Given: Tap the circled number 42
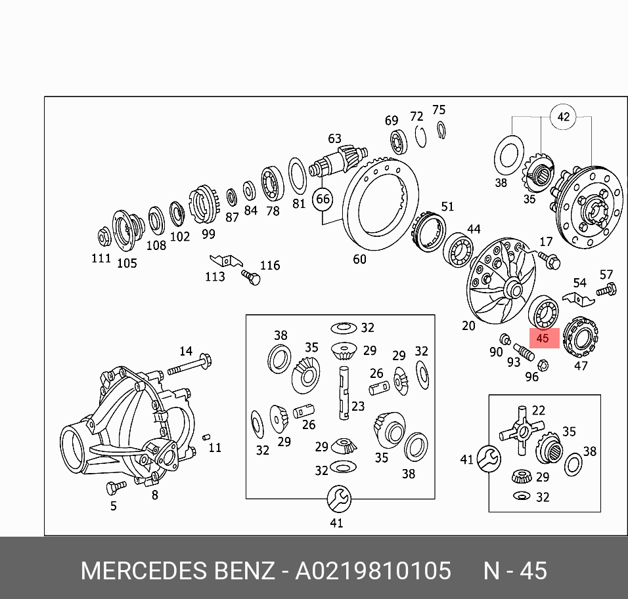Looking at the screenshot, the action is [x=563, y=117].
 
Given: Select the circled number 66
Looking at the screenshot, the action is [x=323, y=199].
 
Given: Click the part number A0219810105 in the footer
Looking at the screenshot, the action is [x=373, y=570].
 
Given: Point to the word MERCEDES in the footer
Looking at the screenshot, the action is [x=145, y=570].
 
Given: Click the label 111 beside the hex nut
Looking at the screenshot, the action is [x=101, y=258].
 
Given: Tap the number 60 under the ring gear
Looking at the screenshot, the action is [x=359, y=259].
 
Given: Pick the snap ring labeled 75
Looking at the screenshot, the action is [x=441, y=131].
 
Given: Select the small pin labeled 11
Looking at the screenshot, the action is [x=206, y=436].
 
